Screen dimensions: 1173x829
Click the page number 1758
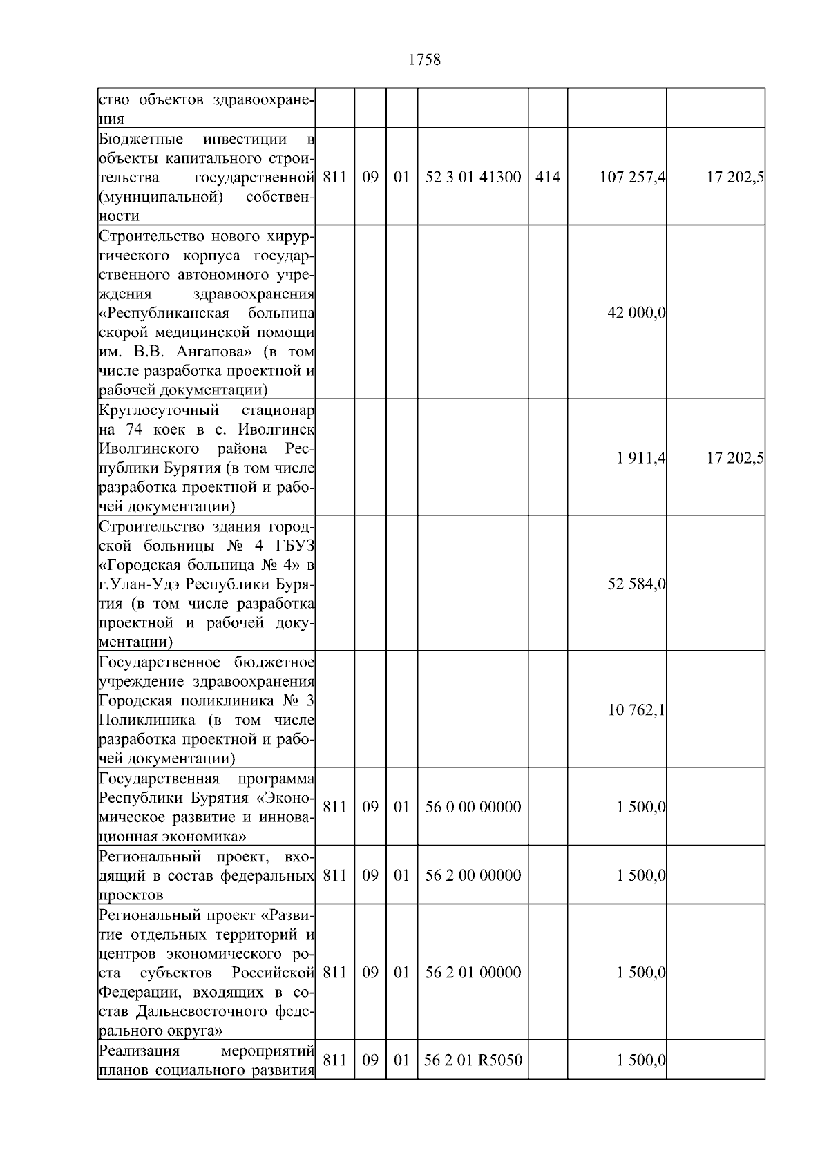[424, 60]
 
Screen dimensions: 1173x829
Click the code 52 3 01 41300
[473, 178]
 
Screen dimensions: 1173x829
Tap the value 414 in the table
[547, 178]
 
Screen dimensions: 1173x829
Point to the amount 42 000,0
[636, 313]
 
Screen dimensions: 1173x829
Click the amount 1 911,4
[641, 458]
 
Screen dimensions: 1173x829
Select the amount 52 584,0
[636, 584]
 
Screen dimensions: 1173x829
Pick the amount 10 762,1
[636, 710]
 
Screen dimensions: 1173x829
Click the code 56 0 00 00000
[473, 807]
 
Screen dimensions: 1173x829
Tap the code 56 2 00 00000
[473, 875]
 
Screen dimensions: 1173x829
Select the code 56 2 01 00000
[473, 972]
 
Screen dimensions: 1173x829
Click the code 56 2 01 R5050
[473, 1060]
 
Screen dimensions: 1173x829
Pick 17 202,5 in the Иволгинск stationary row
[734, 458]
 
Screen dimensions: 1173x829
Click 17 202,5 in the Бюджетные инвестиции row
[734, 178]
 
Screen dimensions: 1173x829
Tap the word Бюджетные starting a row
[141, 140]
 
